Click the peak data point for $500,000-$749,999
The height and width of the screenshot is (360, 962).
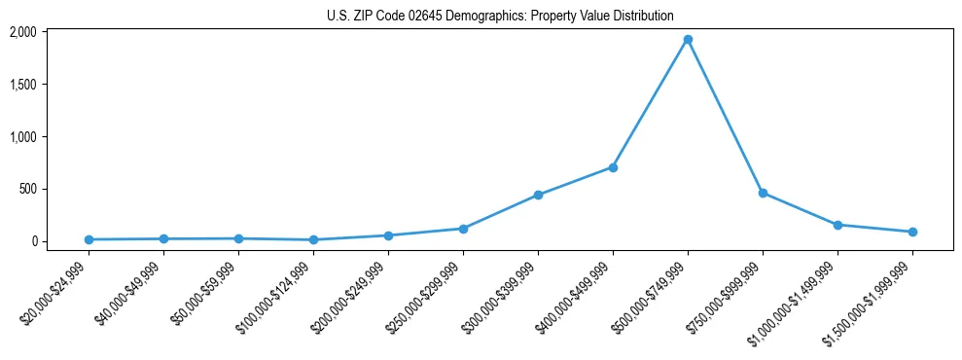(688, 40)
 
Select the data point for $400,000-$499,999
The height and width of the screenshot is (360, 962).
(613, 167)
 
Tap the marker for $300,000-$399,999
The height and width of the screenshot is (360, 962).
(538, 195)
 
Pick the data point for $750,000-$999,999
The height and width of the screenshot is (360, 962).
(763, 193)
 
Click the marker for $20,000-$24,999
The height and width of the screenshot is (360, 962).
(89, 239)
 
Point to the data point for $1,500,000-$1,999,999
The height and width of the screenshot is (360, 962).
(912, 232)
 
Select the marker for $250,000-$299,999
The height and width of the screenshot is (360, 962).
(463, 229)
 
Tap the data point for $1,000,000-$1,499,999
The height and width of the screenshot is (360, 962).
(837, 225)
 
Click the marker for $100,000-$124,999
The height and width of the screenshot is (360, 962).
(313, 239)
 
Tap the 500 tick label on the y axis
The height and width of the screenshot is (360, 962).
(54, 189)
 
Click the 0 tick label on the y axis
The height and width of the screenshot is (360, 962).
(60, 241)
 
